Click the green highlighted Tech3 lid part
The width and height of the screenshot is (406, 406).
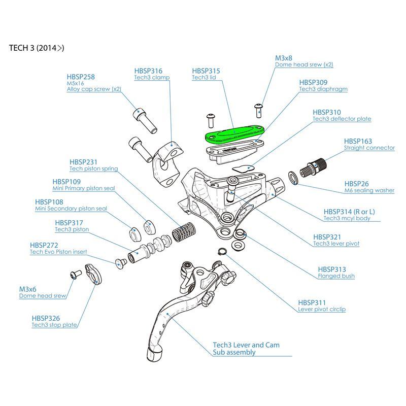click(232, 134)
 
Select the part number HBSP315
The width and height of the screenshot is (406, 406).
click(206, 71)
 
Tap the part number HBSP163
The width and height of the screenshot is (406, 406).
click(358, 141)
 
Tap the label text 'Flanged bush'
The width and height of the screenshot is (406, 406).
click(336, 276)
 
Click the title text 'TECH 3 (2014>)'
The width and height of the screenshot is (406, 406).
click(37, 49)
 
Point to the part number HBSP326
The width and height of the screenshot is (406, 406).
click(45, 318)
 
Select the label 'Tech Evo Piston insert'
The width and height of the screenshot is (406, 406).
click(58, 252)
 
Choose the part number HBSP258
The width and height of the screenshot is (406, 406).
click(81, 77)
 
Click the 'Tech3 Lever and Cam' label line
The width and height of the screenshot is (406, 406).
click(246, 345)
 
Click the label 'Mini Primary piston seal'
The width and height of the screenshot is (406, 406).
click(84, 188)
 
